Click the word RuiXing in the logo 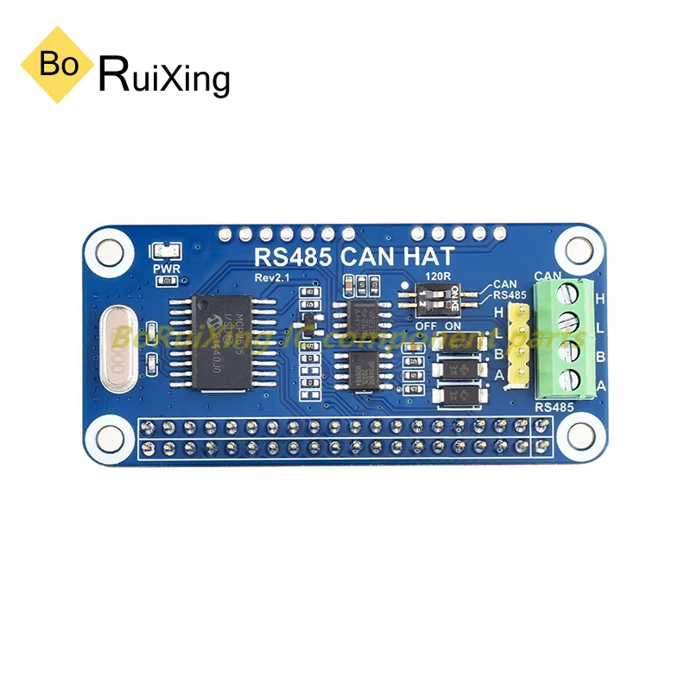(x=165, y=76)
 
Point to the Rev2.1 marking (x=274, y=277)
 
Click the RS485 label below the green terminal (x=555, y=406)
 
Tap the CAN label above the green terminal (x=549, y=276)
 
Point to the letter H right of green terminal (x=600, y=297)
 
